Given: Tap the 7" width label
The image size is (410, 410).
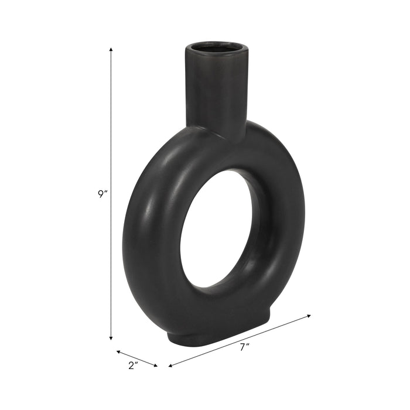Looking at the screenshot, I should [x=244, y=346].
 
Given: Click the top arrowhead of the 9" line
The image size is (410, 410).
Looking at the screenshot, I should [x=111, y=50].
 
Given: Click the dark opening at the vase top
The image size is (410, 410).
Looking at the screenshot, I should [x=214, y=47].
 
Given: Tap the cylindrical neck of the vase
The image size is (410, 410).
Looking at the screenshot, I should [x=215, y=88].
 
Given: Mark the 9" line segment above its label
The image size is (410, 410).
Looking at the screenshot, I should [x=111, y=117].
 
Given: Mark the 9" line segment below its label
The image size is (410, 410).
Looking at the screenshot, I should [x=111, y=269].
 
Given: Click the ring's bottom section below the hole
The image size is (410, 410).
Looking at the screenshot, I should [x=223, y=307].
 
